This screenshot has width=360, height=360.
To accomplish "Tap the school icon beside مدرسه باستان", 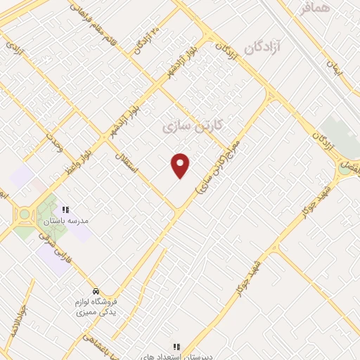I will click(66, 210).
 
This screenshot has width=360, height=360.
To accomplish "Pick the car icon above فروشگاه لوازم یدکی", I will click(96, 291).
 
